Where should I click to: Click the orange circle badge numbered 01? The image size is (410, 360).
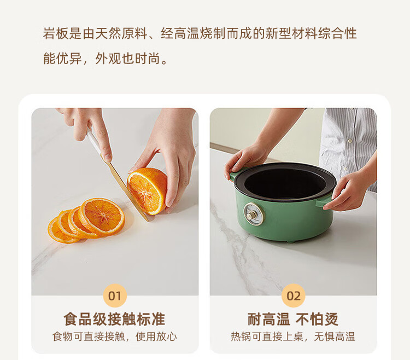pyautogui.click(x=115, y=295)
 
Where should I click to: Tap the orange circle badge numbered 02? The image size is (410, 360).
pyautogui.click(x=294, y=295)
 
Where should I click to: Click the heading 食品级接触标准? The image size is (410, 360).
pyautogui.click(x=115, y=319)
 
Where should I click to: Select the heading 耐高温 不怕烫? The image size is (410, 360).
pyautogui.click(x=293, y=319)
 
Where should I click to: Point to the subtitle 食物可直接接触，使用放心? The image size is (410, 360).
pyautogui.click(x=115, y=336)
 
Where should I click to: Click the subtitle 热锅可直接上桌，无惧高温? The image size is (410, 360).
pyautogui.click(x=293, y=336)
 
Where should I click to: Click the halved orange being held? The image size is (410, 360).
pyautogui.click(x=147, y=191)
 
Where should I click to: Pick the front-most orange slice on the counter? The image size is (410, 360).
pyautogui.click(x=102, y=216)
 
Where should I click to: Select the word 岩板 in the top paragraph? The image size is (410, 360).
pyautogui.click(x=56, y=33)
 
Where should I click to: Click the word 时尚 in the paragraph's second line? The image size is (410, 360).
pyautogui.click(x=147, y=58)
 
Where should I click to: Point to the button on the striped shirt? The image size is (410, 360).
pyautogui.click(x=350, y=141)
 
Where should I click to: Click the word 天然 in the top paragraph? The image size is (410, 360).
pyautogui.click(x=108, y=33)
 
